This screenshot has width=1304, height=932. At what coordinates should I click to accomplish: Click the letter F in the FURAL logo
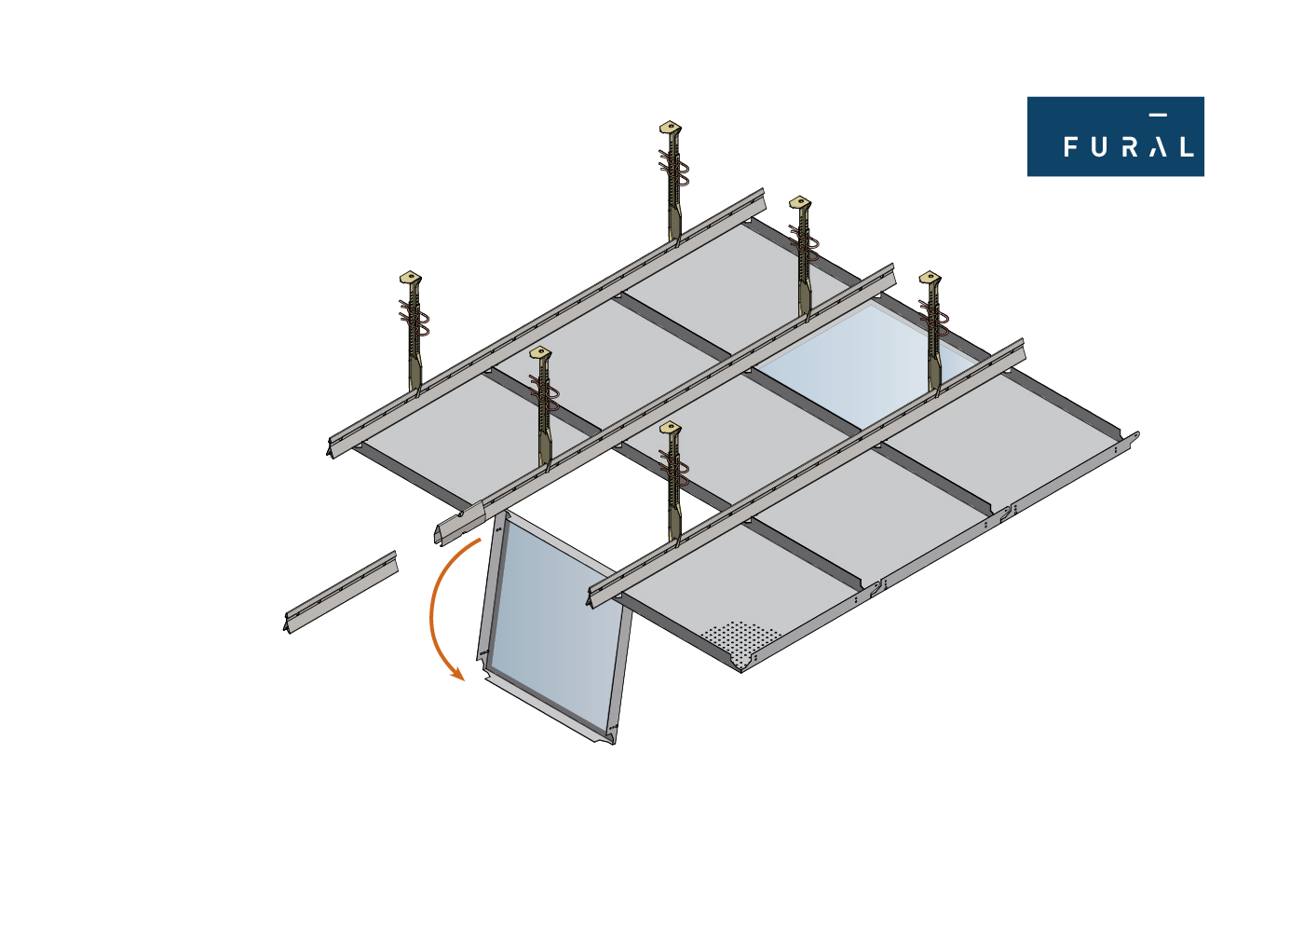click(x=1071, y=147)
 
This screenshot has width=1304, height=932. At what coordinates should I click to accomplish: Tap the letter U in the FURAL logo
click(x=1099, y=147)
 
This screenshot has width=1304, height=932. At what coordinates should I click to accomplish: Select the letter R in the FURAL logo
click(x=1129, y=147)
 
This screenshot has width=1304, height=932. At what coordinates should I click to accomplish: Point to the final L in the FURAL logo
click(x=1187, y=147)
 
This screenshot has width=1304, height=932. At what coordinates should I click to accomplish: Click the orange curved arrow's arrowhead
click(x=458, y=674)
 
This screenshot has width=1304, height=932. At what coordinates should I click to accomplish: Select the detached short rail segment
click(x=342, y=592)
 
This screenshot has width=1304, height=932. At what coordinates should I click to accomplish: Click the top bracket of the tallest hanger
click(x=671, y=127)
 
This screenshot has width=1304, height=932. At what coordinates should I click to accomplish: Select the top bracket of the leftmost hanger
click(x=411, y=277)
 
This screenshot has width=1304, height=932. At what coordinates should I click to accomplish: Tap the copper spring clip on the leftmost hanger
click(x=414, y=318)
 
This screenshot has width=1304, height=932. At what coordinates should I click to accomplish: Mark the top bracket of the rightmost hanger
click(x=930, y=277)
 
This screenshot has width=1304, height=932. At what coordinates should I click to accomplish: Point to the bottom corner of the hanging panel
click(x=613, y=745)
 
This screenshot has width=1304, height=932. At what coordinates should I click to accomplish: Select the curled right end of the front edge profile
click(x=1134, y=436)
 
